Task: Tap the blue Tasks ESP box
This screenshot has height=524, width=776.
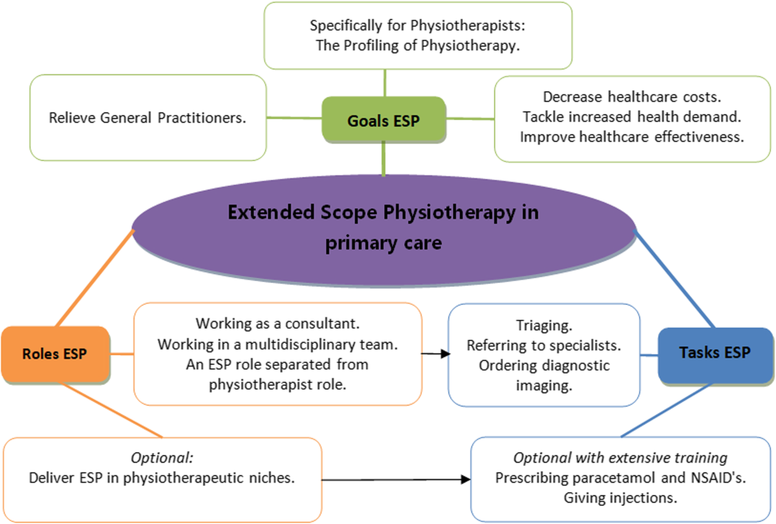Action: coord(715,353)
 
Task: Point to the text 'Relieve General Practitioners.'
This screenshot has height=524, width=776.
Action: coord(147,118)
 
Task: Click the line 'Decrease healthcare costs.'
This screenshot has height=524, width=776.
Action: coord(632,97)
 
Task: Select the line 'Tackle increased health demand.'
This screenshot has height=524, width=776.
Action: coord(632,117)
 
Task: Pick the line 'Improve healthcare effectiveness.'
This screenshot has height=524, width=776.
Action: coord(632,137)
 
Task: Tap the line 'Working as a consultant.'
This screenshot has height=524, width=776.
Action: coord(277,323)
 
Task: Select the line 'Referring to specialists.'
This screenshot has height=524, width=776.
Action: coord(544,346)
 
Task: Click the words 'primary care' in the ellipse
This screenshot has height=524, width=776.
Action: coord(384,243)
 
